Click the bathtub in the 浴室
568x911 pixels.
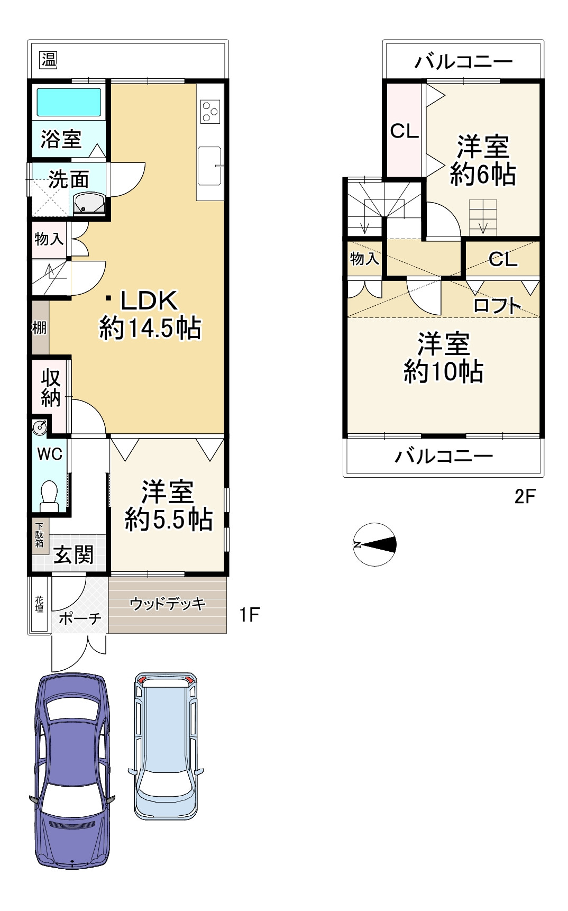pos(68,102)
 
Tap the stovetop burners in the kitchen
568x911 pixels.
pos(210,112)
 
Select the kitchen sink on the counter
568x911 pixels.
pos(209,166)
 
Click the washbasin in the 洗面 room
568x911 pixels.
pos(89,203)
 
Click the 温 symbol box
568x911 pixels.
pos(49,60)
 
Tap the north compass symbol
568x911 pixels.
pos(374,544)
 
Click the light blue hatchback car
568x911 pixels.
pos(166,746)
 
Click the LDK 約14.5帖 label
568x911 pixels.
pos(150,314)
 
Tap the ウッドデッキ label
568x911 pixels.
pos(167,603)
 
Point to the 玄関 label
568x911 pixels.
pos(74,555)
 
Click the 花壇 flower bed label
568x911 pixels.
pos(40,604)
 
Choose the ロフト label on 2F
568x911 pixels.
pos(497,305)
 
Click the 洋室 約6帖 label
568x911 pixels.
pos(482,160)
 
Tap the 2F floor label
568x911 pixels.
pos(525,496)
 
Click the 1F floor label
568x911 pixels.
pos(249,614)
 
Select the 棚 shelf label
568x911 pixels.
pos(39,328)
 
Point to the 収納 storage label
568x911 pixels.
pos(51,388)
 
